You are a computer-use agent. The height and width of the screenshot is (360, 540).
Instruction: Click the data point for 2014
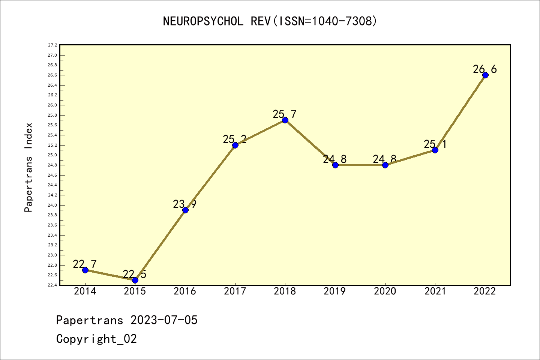(x=85, y=270)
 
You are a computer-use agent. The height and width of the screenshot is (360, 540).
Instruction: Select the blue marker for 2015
(x=135, y=280)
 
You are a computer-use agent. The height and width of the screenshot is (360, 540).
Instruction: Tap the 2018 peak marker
(x=285, y=120)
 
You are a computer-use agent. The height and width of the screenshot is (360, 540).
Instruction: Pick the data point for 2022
(x=485, y=75)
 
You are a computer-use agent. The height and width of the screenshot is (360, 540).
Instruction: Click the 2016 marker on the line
(x=185, y=210)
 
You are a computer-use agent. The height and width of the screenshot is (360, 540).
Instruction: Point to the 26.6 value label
(x=484, y=69)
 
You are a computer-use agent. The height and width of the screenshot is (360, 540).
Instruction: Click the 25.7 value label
(x=285, y=114)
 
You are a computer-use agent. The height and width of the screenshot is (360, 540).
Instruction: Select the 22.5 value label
(x=134, y=274)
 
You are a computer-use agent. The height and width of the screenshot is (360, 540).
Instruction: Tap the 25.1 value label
(x=435, y=144)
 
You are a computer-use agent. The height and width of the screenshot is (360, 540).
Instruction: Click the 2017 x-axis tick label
(x=235, y=291)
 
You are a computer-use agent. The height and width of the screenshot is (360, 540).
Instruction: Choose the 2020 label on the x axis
(x=385, y=291)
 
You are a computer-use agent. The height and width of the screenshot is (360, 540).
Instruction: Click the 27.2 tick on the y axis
(x=52, y=45)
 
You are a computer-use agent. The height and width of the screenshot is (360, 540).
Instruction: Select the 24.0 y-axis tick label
(x=52, y=205)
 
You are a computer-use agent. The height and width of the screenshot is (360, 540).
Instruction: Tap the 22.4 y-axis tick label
(x=52, y=285)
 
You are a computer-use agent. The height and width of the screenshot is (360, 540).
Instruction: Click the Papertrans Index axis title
(x=28, y=167)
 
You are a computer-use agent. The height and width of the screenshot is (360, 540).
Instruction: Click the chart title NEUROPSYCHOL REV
(x=270, y=21)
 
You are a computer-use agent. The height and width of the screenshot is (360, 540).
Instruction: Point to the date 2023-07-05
(x=164, y=320)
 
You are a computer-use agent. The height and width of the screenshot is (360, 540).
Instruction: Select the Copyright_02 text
(x=96, y=339)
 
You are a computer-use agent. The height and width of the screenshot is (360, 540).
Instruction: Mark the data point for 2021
(x=435, y=150)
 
